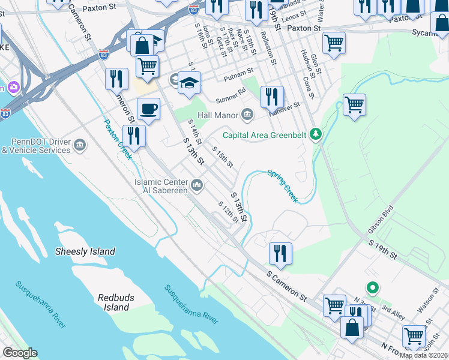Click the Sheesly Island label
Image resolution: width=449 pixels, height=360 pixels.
tap(85, 252)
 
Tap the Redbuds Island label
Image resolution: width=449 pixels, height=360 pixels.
tap(113, 302)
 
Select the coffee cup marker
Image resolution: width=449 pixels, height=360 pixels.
tap(148, 109)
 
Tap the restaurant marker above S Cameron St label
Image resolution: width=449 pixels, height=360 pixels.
tap(280, 253)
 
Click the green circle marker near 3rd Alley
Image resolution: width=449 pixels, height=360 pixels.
tap(373, 289)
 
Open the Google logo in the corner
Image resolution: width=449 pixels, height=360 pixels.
tap(20, 353)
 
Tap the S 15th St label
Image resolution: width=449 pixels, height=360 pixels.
tap(222, 156)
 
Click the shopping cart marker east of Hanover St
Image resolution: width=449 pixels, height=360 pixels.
tap(355, 104)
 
